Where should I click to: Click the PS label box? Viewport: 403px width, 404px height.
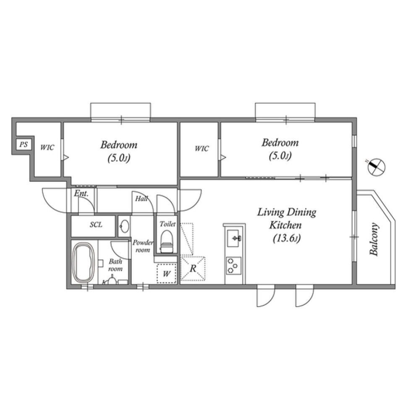24,144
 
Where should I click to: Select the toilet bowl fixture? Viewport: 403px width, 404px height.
166,241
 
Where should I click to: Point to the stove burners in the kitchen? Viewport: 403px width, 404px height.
234,266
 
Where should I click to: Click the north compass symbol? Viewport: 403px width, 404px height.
376,167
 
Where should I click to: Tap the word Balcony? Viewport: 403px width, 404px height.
374,239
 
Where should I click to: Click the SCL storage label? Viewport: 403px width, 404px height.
96,225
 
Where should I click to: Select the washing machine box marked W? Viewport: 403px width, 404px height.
167,273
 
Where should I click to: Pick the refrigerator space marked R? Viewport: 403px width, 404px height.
193,268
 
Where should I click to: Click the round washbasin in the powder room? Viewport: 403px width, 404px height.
125,226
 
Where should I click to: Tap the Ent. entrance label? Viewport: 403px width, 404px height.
81,193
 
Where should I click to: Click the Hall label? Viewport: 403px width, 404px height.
141,198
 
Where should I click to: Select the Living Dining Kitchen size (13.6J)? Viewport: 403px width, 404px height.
287,239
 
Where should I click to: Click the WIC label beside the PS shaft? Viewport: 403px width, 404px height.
47,148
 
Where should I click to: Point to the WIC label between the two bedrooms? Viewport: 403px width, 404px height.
201,149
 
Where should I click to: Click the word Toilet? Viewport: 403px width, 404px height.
167,224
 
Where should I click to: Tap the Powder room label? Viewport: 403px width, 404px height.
143,246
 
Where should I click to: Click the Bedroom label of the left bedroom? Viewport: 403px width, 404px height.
119,144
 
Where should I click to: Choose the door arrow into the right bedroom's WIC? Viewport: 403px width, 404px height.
223,157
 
